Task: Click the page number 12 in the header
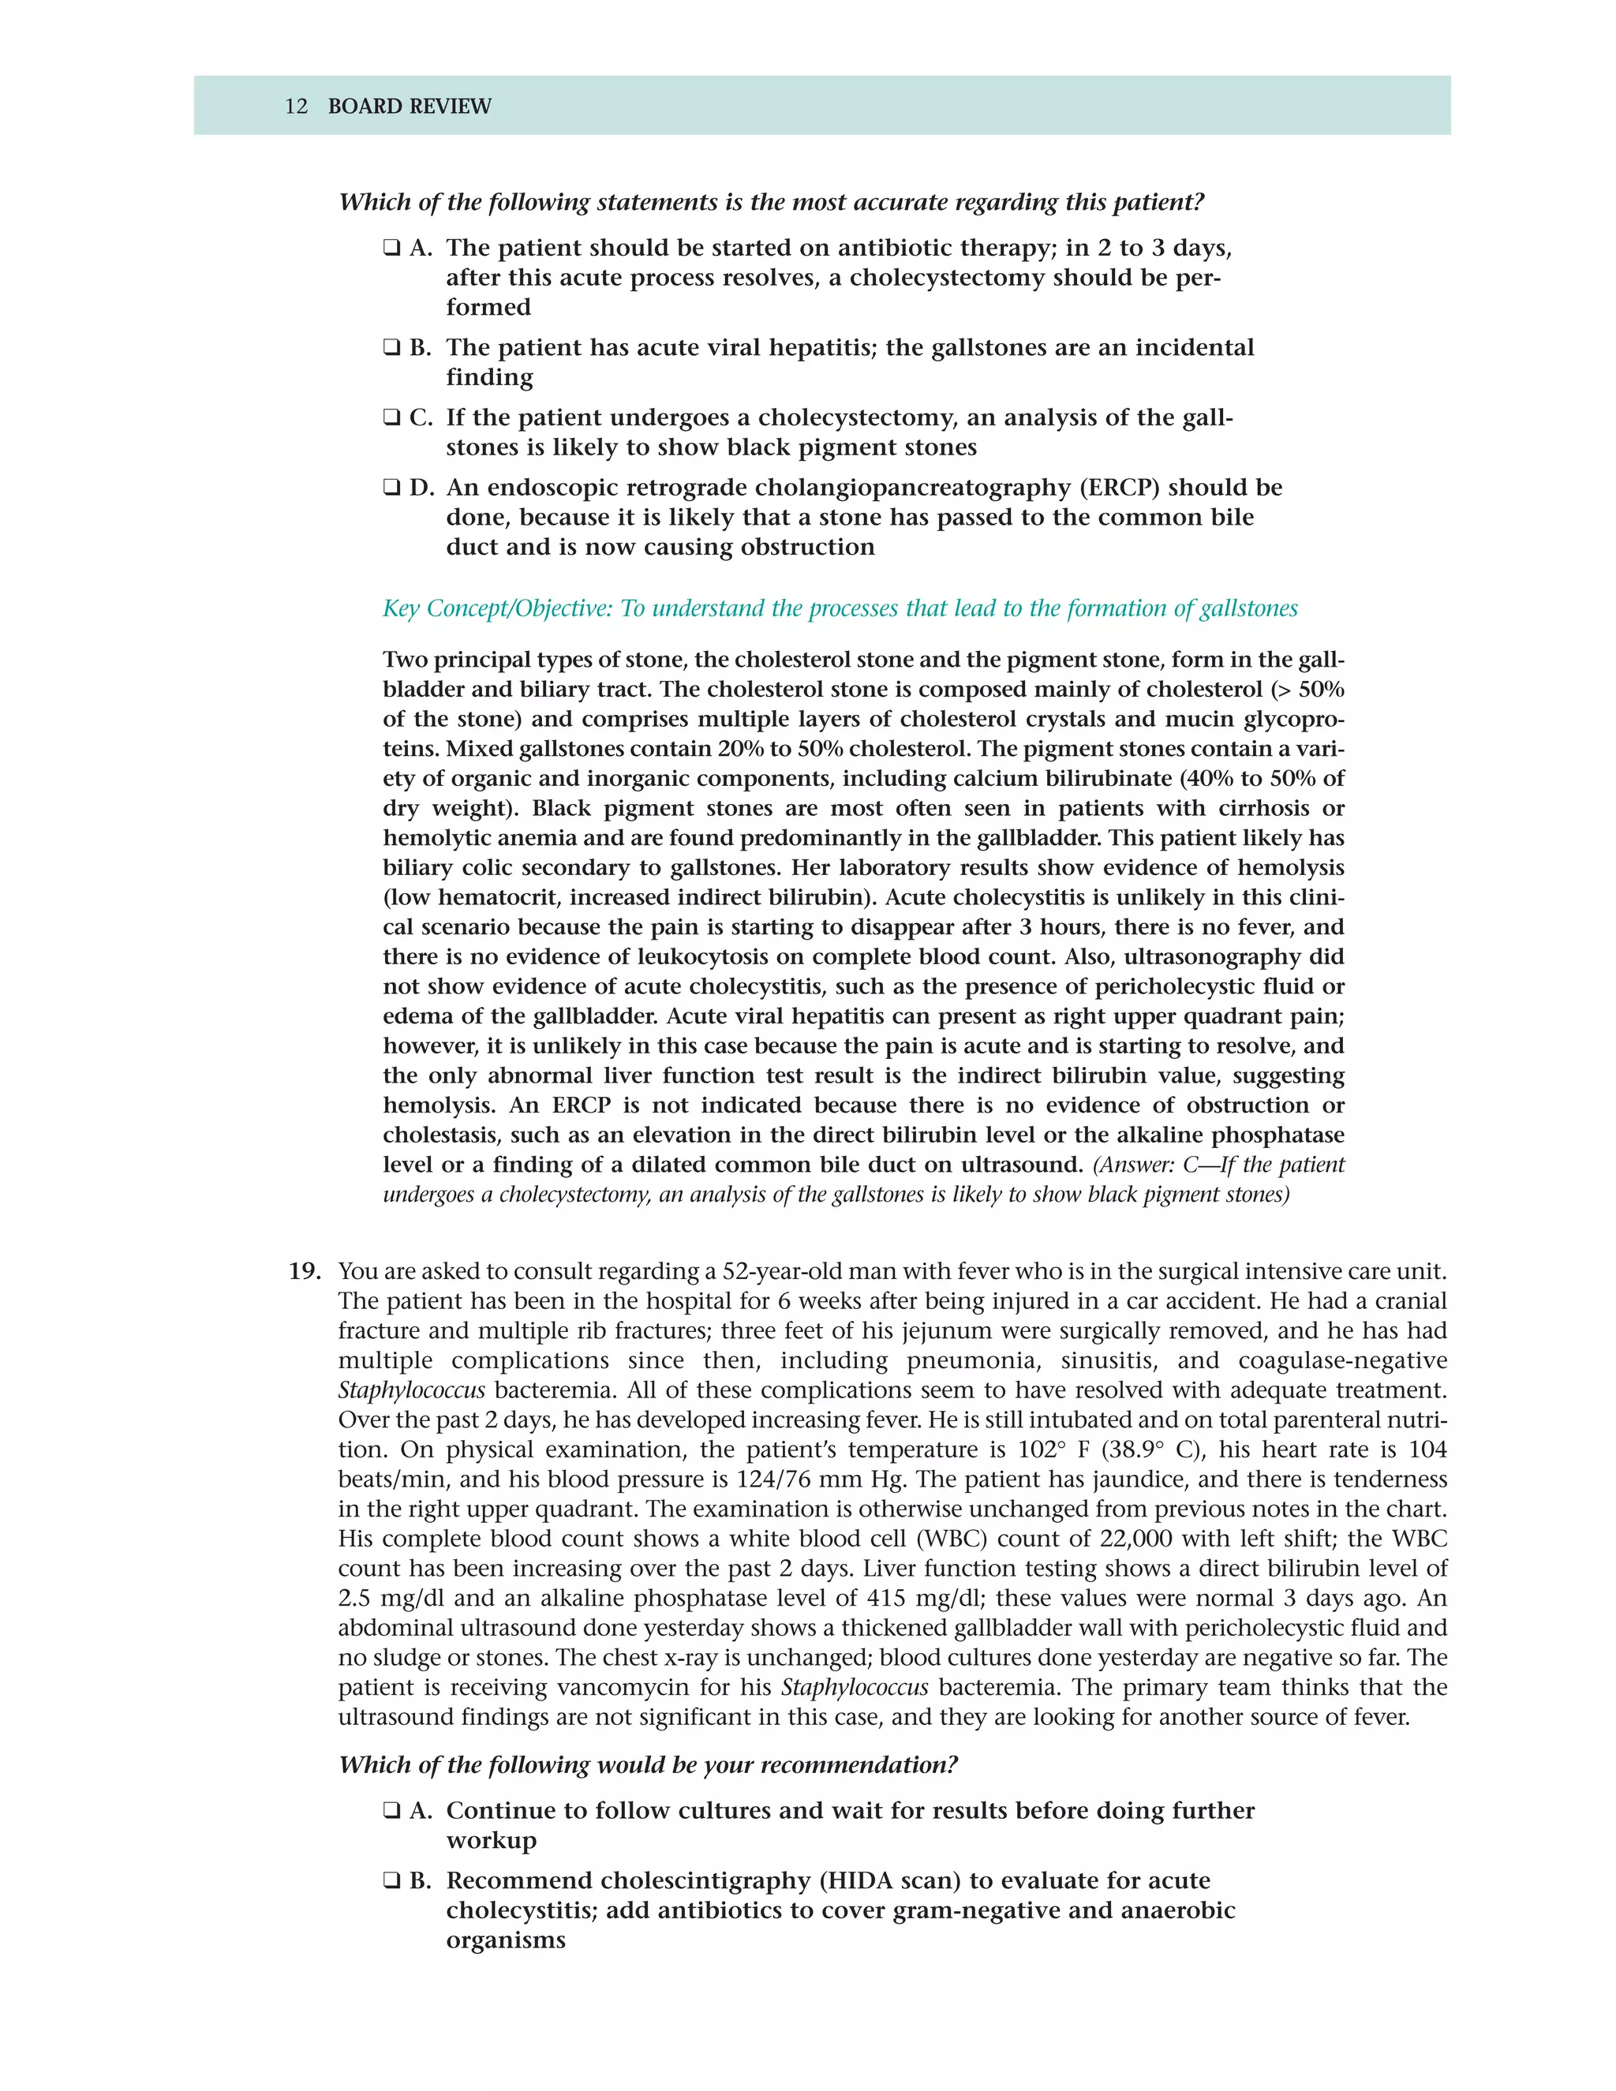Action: [296, 107]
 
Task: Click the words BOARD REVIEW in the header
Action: [409, 107]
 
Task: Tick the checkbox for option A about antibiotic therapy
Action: [391, 249]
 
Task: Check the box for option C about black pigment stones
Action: [391, 418]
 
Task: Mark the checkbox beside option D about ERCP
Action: [391, 488]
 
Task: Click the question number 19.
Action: [305, 1271]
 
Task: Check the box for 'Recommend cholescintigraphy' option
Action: [391, 1881]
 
